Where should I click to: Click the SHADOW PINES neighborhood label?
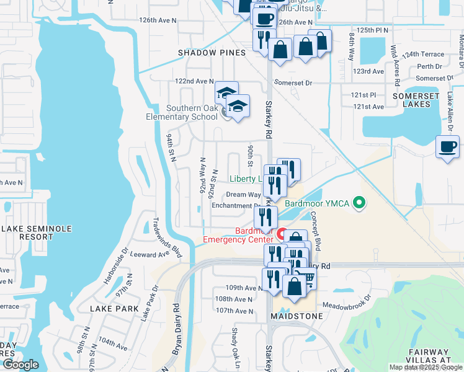tap(212, 53)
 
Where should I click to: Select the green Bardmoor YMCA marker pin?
tap(358, 203)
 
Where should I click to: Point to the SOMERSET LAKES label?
tap(417, 100)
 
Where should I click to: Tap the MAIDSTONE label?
tap(297, 316)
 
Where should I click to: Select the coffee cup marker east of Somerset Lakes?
tap(447, 148)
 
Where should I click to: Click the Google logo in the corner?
tap(20, 365)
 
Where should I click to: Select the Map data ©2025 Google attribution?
tap(425, 367)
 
